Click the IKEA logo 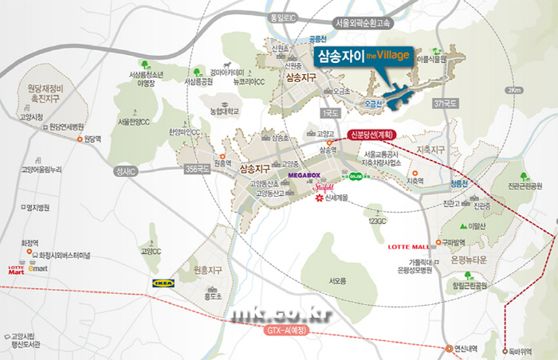165,283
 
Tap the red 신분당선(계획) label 372,135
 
